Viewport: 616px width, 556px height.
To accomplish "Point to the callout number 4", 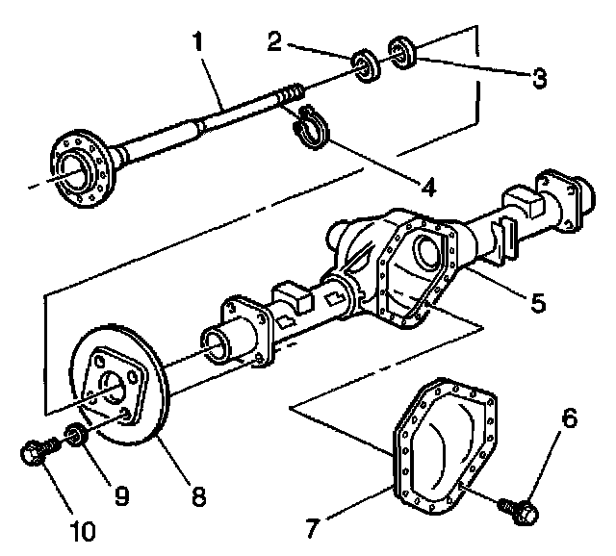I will [425, 185].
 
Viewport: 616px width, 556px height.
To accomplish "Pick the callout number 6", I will [570, 418].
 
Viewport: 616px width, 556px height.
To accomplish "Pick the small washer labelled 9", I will [75, 439].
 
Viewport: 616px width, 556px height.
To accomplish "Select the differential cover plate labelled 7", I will [443, 443].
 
